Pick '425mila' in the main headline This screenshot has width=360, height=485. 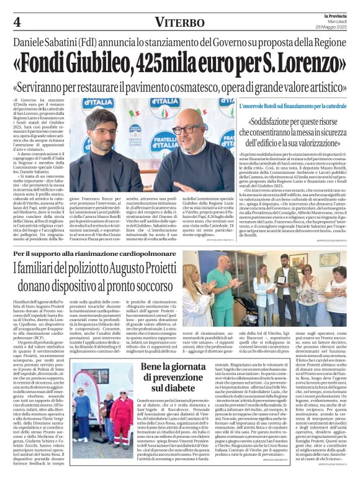[185, 63]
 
